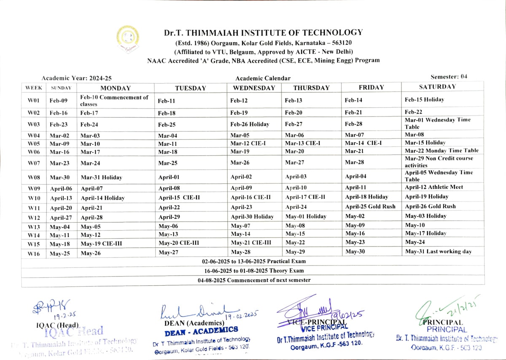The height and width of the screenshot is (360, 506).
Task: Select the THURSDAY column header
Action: click(x=311, y=88)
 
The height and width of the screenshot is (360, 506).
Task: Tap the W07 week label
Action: click(x=33, y=162)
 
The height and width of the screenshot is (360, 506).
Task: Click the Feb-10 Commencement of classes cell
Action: click(x=114, y=100)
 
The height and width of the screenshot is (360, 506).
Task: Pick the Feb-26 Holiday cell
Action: click(x=250, y=125)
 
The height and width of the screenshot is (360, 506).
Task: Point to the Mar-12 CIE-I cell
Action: click(x=248, y=143)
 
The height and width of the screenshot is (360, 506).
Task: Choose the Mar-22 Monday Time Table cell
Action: click(x=441, y=151)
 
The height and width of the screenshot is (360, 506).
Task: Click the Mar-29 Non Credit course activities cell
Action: click(x=439, y=162)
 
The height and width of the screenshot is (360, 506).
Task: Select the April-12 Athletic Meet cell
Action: click(x=434, y=187)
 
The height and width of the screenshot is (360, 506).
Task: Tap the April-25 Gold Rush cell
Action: click(x=370, y=207)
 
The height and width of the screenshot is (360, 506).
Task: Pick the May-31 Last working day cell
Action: click(x=438, y=252)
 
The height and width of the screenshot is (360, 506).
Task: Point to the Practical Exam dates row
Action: click(x=253, y=262)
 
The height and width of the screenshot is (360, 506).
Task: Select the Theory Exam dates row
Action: click(x=253, y=271)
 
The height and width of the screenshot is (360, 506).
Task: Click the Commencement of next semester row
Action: click(x=253, y=280)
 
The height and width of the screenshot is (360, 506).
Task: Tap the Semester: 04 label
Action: click(x=449, y=77)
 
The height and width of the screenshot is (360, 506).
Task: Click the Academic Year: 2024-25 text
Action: click(x=76, y=78)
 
